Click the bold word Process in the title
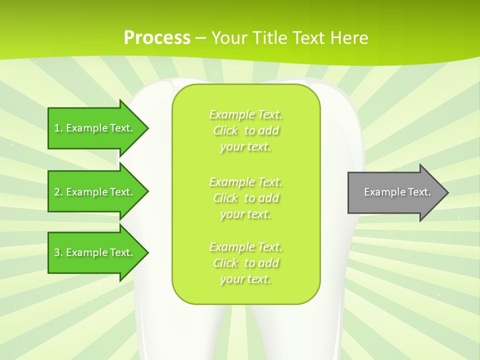pyautogui.click(x=157, y=38)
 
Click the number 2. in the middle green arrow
pyautogui.click(x=58, y=192)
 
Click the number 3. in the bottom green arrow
pyautogui.click(x=58, y=252)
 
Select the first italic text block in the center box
pyautogui.click(x=245, y=130)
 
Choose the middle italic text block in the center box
pyautogui.click(x=245, y=198)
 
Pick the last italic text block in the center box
pyautogui.click(x=245, y=263)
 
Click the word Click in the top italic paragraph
pyautogui.click(x=225, y=131)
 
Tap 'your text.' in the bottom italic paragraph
pyautogui.click(x=245, y=279)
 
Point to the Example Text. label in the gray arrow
pyautogui.click(x=397, y=192)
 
